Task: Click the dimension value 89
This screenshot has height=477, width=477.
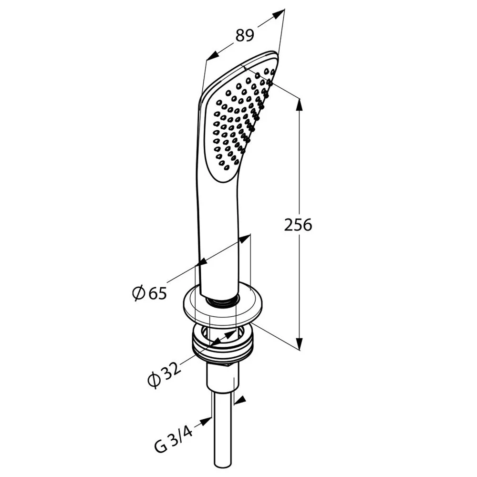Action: (x=245, y=36)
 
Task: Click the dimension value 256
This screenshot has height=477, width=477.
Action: (x=298, y=225)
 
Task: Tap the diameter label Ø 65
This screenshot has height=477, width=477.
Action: (x=150, y=293)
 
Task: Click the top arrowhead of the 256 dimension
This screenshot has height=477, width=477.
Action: (x=300, y=105)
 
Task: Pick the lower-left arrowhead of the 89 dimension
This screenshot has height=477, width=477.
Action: (x=212, y=56)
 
